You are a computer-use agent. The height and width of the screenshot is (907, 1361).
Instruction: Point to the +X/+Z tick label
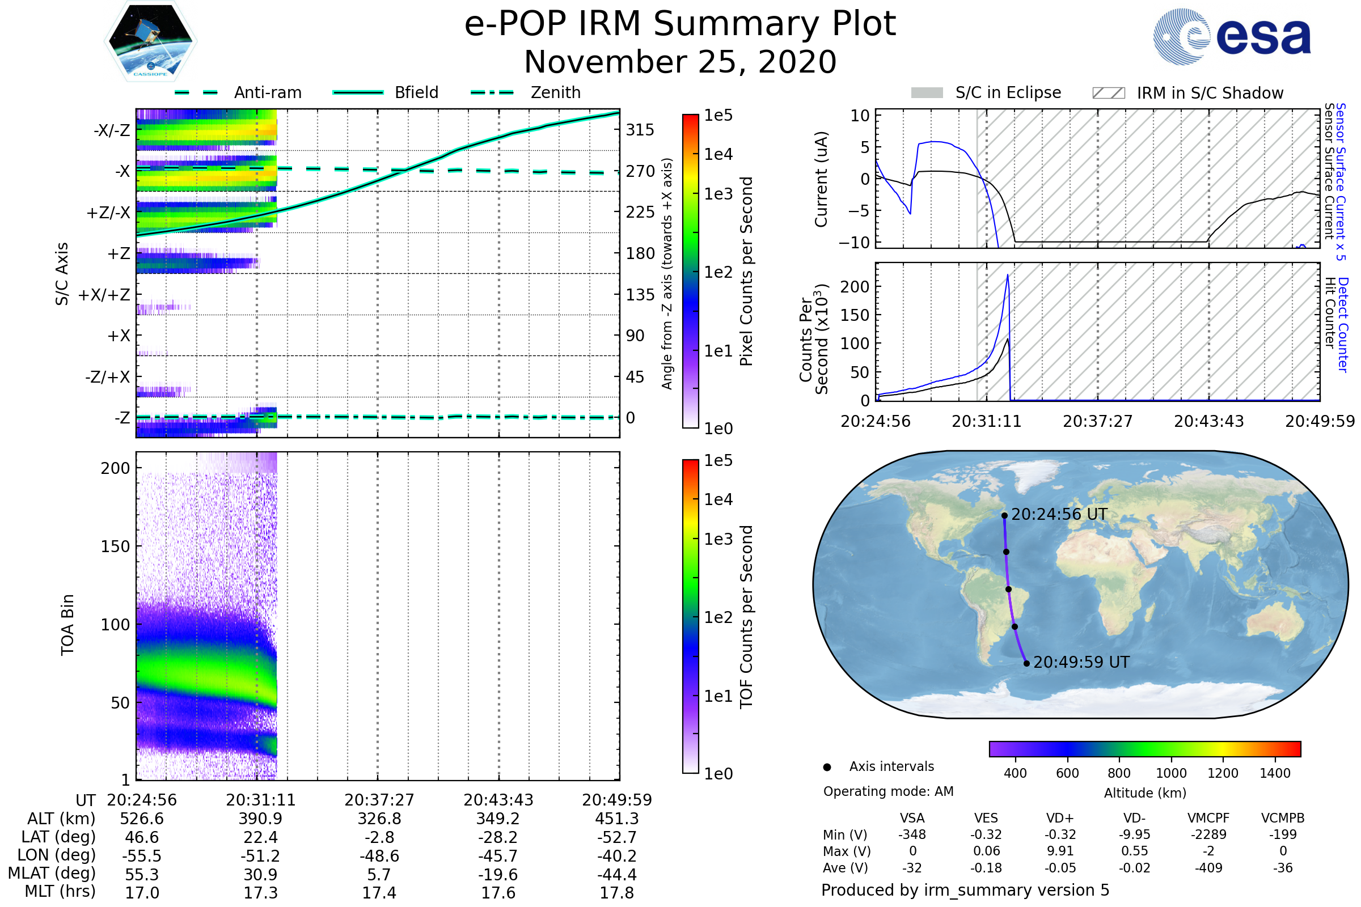(x=104, y=295)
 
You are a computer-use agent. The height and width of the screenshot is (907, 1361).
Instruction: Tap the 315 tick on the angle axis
(x=640, y=130)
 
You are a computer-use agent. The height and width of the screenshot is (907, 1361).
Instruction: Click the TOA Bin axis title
(x=67, y=624)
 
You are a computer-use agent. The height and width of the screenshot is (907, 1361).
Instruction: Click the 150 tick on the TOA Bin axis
(x=115, y=546)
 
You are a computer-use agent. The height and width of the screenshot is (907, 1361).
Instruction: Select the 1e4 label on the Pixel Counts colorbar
(x=718, y=154)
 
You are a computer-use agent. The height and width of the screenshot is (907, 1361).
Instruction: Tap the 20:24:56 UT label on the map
(x=1059, y=514)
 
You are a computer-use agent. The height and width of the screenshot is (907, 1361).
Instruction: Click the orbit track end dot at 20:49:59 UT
(x=1026, y=663)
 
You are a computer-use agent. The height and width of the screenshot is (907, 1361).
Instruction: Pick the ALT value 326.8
(x=379, y=819)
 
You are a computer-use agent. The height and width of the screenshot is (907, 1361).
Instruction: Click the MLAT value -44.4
(x=617, y=874)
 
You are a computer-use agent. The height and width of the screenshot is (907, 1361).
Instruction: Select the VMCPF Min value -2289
(x=1208, y=834)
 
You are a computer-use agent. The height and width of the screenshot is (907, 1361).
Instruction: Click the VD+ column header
(x=1060, y=818)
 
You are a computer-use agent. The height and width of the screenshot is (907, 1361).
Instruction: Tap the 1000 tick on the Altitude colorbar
(x=1170, y=773)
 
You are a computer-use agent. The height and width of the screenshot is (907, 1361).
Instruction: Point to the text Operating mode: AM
(x=888, y=791)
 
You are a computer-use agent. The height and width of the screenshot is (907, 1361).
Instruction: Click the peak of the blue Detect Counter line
(x=1008, y=275)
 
